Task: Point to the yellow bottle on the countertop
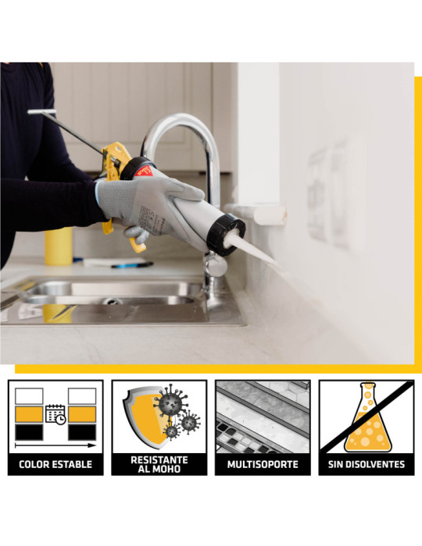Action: click(x=59, y=246)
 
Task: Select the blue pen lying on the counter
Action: click(x=132, y=265)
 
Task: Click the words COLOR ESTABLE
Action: click(x=55, y=464)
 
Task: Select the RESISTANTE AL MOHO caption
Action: click(x=159, y=464)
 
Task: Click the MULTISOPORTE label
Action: click(x=263, y=464)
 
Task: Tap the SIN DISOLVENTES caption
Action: click(x=367, y=464)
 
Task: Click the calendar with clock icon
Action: click(x=55, y=414)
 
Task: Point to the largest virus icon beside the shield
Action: click(x=170, y=401)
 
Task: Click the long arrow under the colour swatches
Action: click(x=55, y=445)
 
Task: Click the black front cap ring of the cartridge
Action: click(x=226, y=234)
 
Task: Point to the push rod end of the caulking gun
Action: click(x=41, y=112)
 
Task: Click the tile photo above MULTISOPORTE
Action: click(x=263, y=417)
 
